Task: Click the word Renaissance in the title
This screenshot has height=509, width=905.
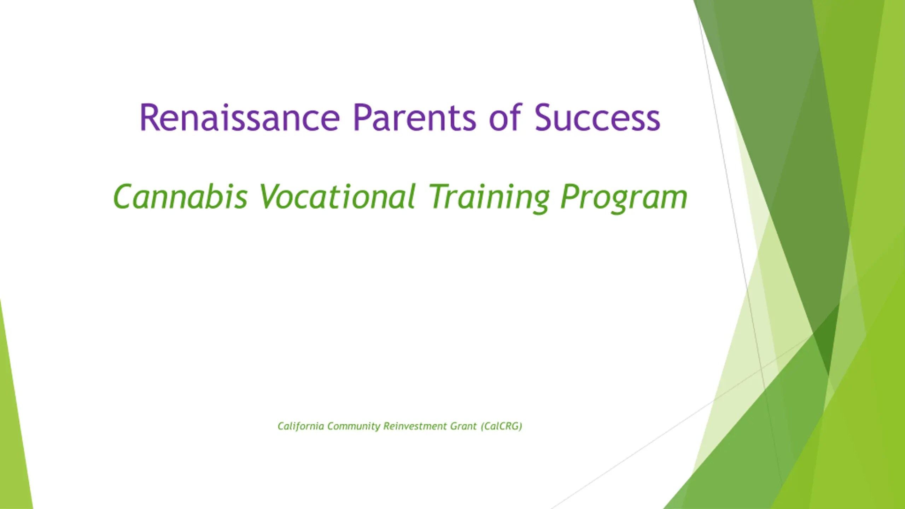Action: pos(240,118)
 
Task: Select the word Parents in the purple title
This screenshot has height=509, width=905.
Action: pos(415,118)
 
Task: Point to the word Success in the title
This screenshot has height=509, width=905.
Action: pos(597,118)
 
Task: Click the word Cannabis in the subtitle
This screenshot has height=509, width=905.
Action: pos(180,196)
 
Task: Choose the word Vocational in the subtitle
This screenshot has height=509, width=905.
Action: pos(338,196)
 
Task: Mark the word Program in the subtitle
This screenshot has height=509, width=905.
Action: pos(624,198)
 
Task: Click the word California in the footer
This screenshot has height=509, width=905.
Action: pos(301,426)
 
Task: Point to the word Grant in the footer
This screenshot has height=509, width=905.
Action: pos(463,426)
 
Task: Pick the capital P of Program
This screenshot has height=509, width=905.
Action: pos(571,196)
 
